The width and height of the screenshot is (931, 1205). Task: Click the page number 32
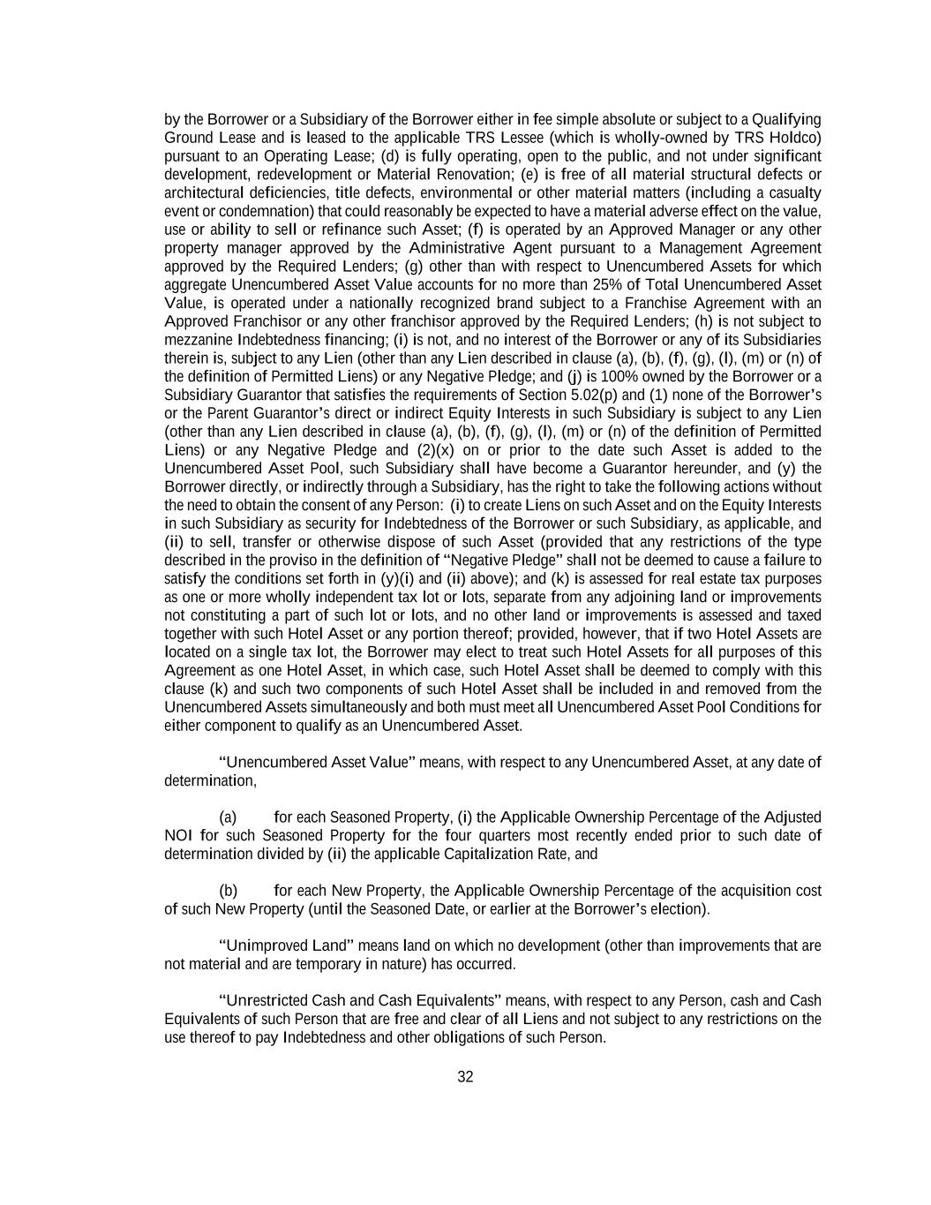[x=465, y=1076]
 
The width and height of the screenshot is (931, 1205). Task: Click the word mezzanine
[x=197, y=340]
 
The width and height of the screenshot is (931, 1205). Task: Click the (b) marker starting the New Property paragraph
[x=229, y=891]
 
